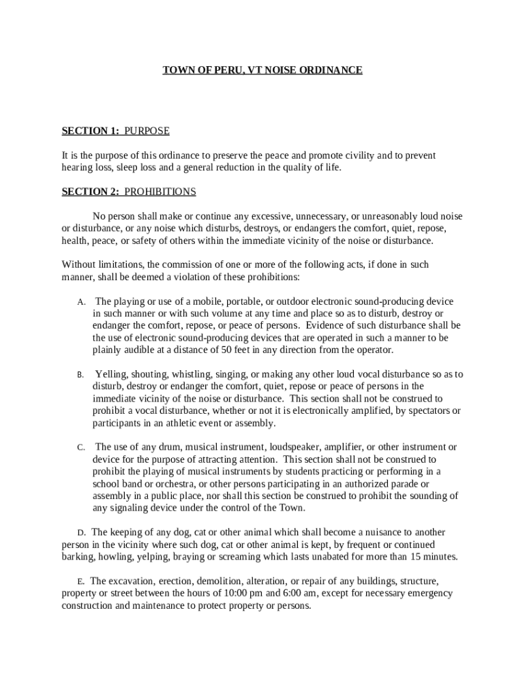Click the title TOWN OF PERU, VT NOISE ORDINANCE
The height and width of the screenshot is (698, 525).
click(262, 70)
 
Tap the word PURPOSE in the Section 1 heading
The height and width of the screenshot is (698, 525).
click(147, 131)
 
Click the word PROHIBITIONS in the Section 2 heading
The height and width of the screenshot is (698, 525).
click(160, 192)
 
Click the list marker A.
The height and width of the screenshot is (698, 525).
click(80, 302)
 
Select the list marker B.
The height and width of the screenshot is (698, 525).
click(80, 375)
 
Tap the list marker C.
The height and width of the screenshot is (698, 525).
click(80, 448)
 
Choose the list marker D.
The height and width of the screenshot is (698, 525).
click(80, 532)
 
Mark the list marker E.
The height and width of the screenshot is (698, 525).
click(80, 581)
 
